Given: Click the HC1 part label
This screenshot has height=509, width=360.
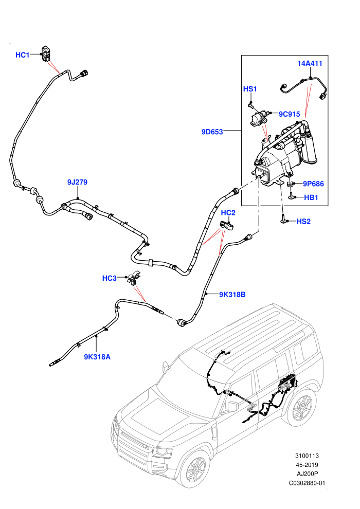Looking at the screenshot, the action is pos(23,55).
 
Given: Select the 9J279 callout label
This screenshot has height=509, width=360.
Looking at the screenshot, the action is pos(77,182).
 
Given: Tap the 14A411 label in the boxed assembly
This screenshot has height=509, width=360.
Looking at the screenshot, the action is pos(310,63).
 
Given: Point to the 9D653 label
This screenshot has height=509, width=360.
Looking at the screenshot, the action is pos(212,132).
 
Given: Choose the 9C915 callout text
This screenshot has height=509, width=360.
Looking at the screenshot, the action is pos(290,114).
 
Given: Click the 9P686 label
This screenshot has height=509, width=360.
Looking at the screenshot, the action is pos(314,184).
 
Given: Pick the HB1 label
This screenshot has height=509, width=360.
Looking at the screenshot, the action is pos(311,197).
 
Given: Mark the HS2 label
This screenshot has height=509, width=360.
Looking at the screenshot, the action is pos(304,222).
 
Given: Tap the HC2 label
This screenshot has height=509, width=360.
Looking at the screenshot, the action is pos(228,213).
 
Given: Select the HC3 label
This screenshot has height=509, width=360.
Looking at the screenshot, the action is pos(110,278).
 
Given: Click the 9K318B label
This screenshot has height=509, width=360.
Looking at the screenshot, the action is pos(232,295).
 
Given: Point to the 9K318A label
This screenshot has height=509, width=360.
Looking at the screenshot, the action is pos(97,357).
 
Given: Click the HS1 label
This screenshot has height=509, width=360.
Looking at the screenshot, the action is pos(250,89).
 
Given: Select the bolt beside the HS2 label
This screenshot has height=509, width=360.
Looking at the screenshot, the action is pos(284,219).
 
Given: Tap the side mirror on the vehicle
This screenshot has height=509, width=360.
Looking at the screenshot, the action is pos(233,406).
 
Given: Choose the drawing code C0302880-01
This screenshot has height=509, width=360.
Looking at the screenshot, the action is pos(307,483).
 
